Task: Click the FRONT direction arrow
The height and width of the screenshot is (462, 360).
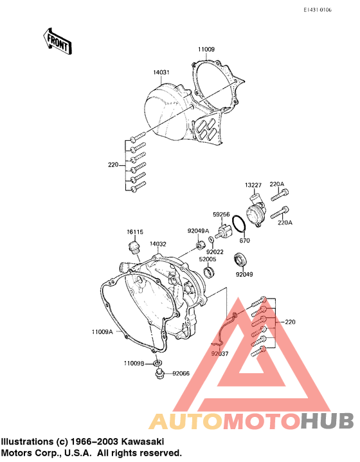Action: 57,40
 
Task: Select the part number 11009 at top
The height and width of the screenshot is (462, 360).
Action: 206,50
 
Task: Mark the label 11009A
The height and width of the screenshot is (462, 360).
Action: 102,332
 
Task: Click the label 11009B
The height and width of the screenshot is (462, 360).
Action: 134,363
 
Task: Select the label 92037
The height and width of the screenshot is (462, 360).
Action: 219,353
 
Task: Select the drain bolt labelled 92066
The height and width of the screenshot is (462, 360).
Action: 157,373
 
